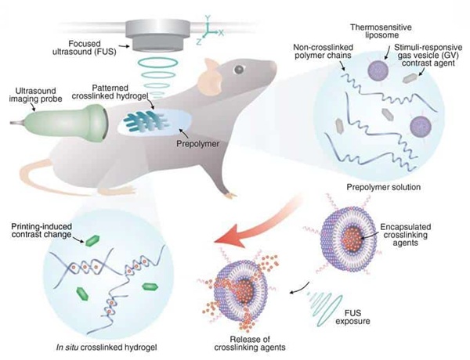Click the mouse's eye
239,70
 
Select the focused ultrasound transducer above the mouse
158,34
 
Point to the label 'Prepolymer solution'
383,187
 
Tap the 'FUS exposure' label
352,317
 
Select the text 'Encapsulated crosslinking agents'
405,235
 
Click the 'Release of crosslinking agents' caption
250,344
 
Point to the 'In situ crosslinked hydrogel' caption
107,347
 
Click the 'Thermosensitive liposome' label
381,31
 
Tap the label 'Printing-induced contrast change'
42,230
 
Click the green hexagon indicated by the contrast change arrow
92,240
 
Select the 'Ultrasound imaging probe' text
35,95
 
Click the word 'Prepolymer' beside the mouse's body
197,144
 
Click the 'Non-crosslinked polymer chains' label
323,51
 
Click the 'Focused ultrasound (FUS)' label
85,48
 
